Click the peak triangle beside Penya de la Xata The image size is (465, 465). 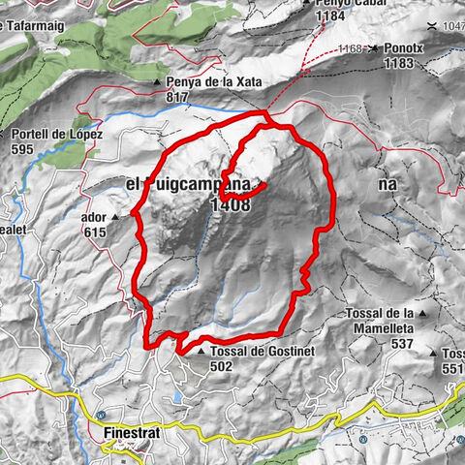[x=157, y=82]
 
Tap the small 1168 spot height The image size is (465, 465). [x=350, y=47]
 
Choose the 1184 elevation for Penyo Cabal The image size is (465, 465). [x=324, y=15]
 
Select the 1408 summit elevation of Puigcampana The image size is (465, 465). [x=230, y=204]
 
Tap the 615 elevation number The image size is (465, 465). [x=93, y=232]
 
